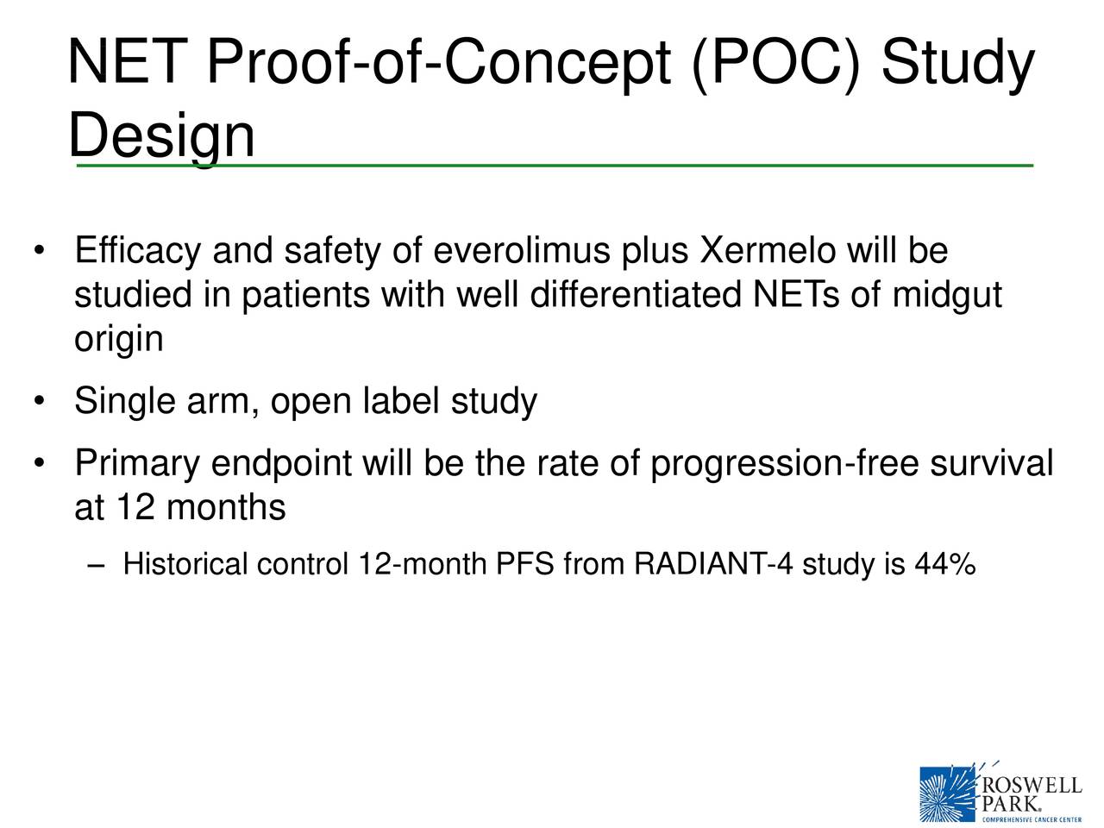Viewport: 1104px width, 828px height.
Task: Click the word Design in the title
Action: (161, 135)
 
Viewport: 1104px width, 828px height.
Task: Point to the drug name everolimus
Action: (522, 252)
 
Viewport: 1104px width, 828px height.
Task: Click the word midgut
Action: (946, 296)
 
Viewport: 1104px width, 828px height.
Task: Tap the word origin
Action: (118, 339)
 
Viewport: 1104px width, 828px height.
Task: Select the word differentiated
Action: (637, 296)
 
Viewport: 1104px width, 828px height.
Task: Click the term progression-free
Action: (785, 465)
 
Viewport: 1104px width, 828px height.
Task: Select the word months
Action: (225, 508)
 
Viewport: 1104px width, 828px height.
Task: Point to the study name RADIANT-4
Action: (712, 566)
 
